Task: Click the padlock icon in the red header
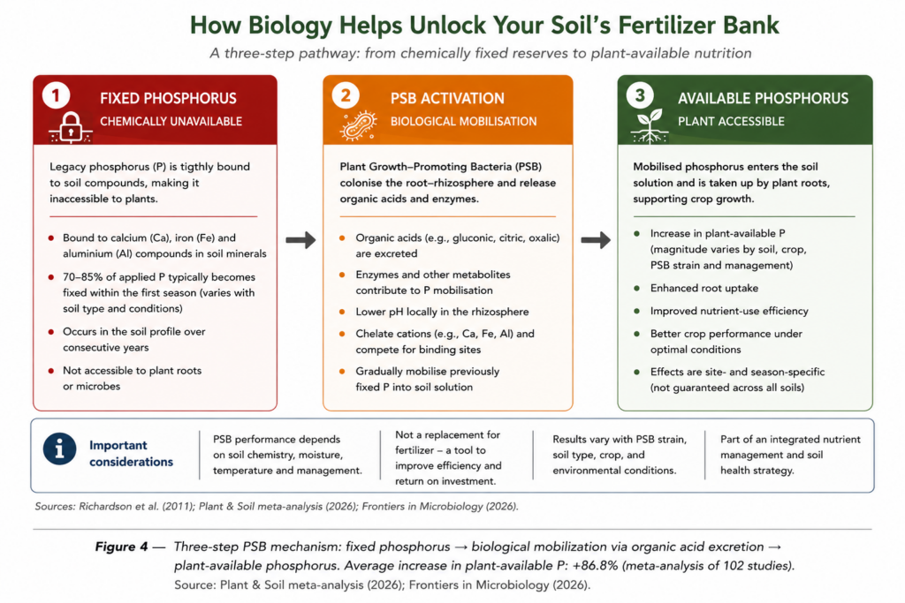click(71, 127)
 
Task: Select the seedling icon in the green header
click(650, 125)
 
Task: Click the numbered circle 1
click(56, 95)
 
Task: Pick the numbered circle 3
click(640, 95)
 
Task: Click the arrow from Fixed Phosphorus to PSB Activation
click(300, 239)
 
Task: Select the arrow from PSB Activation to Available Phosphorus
click(596, 239)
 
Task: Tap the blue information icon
click(59, 448)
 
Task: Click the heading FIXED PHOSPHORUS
click(168, 99)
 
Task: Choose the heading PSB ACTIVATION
click(447, 99)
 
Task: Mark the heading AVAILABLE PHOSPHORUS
click(763, 99)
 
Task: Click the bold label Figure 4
click(121, 546)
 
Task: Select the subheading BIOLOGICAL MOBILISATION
click(463, 122)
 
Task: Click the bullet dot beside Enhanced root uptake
click(636, 288)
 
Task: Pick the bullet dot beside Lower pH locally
click(342, 312)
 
